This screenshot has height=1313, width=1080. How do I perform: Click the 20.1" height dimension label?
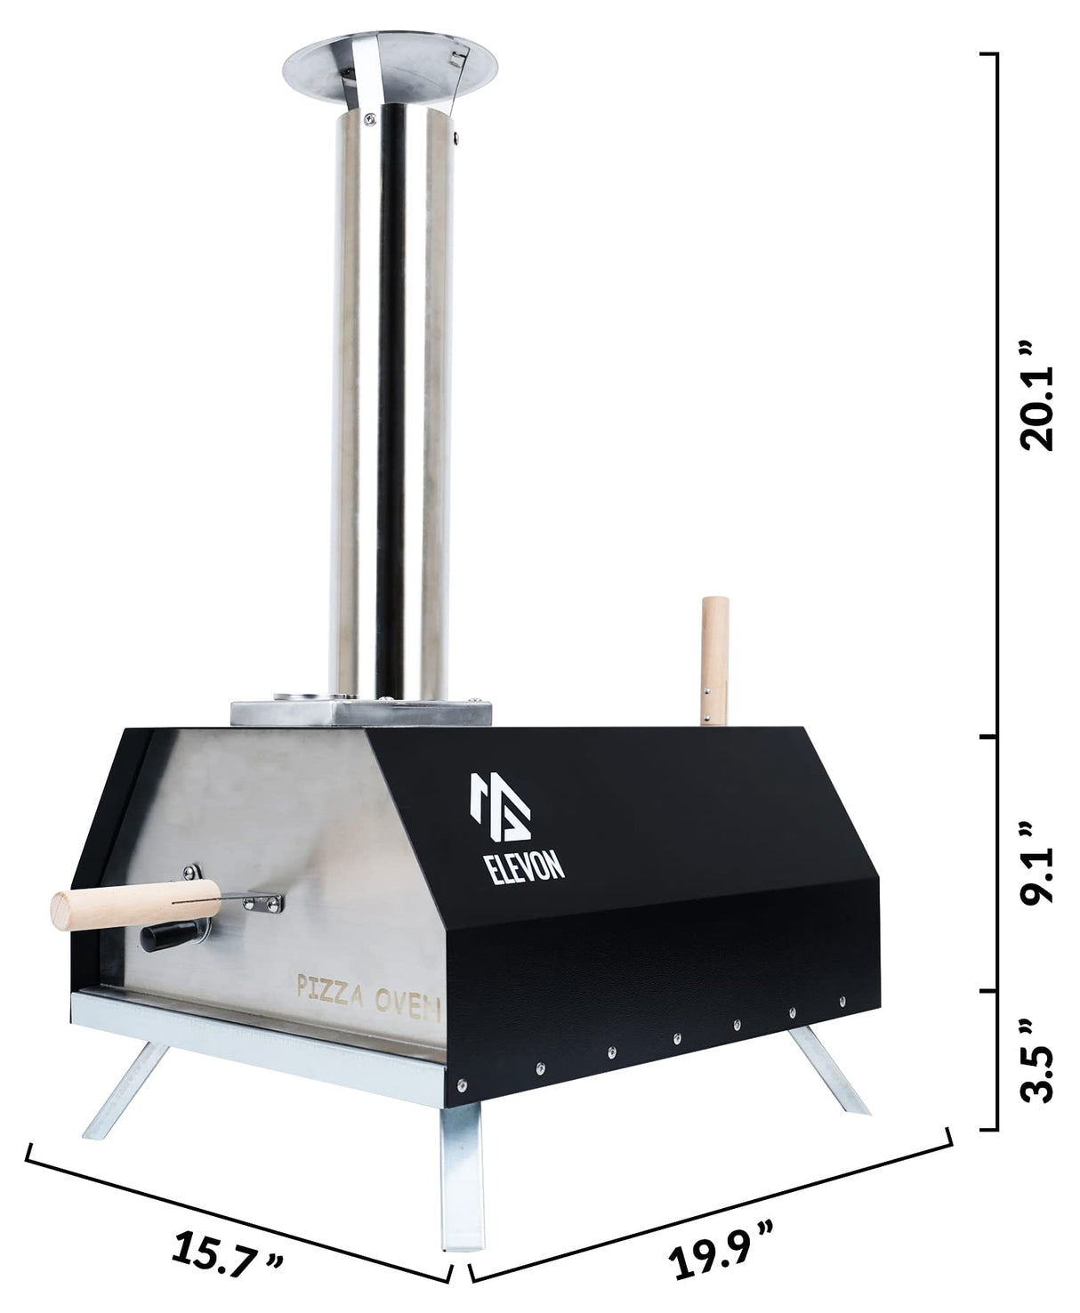coord(1037,394)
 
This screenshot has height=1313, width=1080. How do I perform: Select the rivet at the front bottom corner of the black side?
coord(461,1083)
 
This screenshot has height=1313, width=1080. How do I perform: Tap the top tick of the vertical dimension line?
coord(987,54)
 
